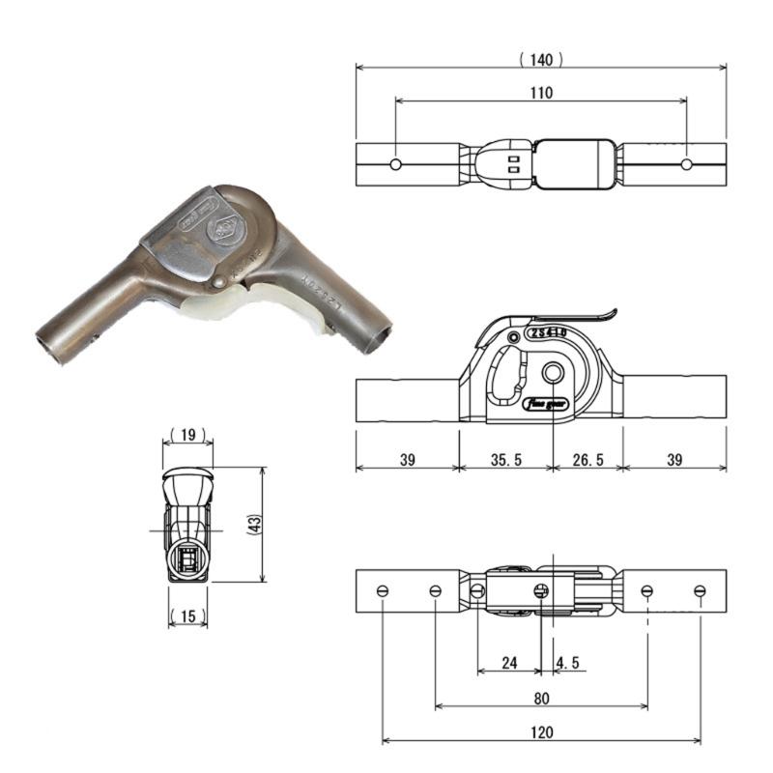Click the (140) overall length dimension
click(541, 60)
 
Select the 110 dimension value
click(541, 93)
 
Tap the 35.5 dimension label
click(504, 460)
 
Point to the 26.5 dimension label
click(587, 460)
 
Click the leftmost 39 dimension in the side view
click(407, 460)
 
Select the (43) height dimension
click(253, 526)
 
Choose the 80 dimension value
click(541, 697)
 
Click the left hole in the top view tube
click(395, 164)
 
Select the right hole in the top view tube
click(686, 164)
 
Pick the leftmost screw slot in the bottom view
click(384, 590)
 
